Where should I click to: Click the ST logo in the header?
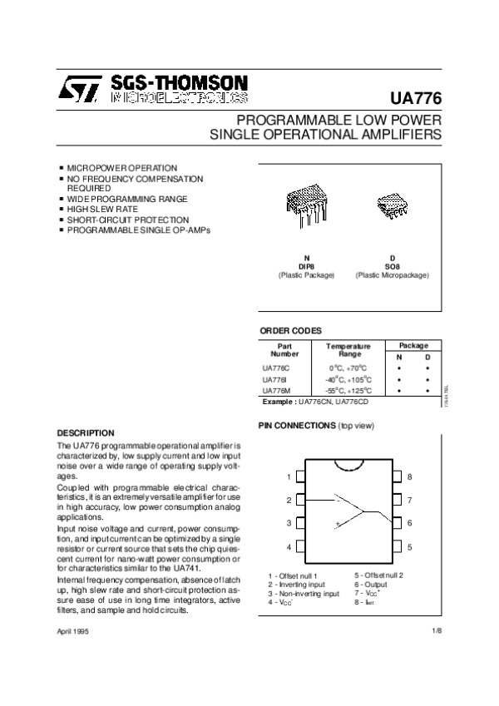click(81, 88)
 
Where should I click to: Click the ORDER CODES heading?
click(290, 330)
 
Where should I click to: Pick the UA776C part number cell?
click(275, 367)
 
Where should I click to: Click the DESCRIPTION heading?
click(86, 432)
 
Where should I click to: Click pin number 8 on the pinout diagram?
click(410, 477)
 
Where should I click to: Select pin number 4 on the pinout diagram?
click(289, 547)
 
